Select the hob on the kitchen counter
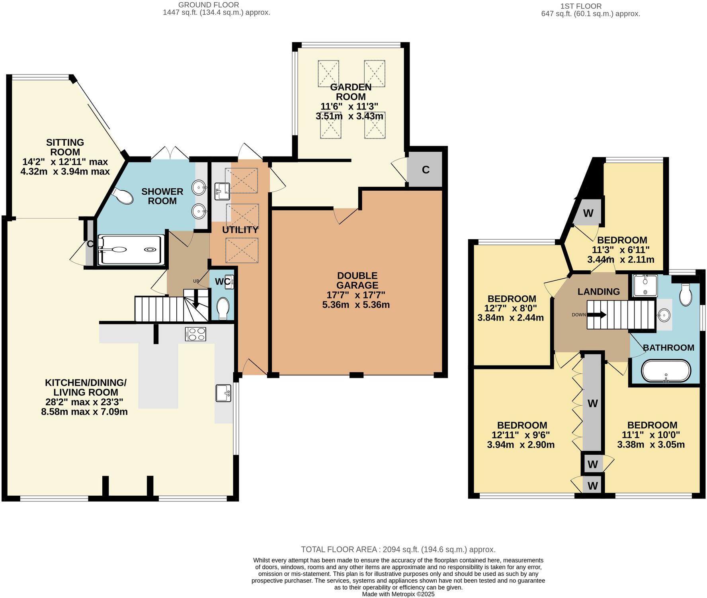click(x=195, y=334)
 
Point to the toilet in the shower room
click(x=123, y=195)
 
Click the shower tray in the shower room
click(x=131, y=250)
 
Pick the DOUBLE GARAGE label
click(x=357, y=280)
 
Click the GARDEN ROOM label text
click(x=351, y=92)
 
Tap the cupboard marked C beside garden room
click(x=426, y=170)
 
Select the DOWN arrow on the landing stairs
click(x=597, y=315)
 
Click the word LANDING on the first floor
click(x=598, y=291)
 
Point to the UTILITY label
click(x=240, y=230)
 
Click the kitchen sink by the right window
click(x=223, y=393)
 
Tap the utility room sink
click(x=222, y=191)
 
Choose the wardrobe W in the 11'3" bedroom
click(x=588, y=213)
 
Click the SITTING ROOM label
click(x=65, y=147)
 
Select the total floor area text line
click(x=398, y=549)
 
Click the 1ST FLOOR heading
click(x=581, y=6)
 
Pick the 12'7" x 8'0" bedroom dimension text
click(x=510, y=308)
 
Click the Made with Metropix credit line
click(x=398, y=594)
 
